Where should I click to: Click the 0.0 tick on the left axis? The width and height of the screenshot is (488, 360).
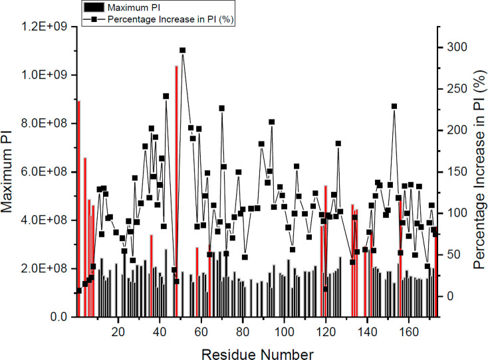pos(59,317)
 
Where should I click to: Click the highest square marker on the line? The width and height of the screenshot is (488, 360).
pos(182,50)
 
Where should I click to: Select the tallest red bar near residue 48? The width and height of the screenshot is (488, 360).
pos(176,193)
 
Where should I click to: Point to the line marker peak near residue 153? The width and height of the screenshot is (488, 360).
pos(394,106)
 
